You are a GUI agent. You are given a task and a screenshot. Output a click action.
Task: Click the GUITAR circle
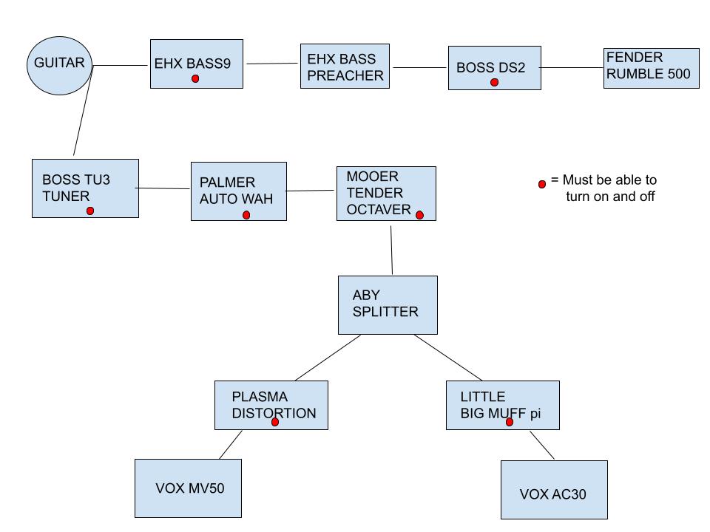[59, 64]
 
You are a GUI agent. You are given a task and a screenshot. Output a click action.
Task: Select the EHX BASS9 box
[196, 64]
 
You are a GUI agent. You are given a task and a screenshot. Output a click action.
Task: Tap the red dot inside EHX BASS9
[195, 78]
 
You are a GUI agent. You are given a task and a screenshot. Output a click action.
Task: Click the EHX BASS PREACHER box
[345, 66]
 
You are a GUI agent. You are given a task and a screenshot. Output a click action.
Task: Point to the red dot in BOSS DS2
[494, 83]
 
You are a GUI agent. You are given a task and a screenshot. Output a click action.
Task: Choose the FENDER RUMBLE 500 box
[651, 68]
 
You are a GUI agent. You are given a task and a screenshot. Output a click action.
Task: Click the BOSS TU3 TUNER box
[85, 188]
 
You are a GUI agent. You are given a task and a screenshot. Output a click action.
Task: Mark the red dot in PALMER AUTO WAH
[246, 215]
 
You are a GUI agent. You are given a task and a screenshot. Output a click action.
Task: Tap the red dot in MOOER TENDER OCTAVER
[419, 215]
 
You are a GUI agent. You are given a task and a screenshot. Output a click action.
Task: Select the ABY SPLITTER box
[388, 304]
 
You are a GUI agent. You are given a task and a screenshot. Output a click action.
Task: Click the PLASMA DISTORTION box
[271, 405]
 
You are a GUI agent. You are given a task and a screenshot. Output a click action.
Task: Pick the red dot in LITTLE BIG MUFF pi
[509, 422]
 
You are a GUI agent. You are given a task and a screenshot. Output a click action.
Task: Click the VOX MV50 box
[188, 488]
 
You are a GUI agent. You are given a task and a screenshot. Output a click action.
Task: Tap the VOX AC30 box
[553, 489]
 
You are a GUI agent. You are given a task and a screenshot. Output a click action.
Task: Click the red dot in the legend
[542, 183]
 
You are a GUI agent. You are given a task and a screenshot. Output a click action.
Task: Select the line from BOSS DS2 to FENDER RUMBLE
[572, 68]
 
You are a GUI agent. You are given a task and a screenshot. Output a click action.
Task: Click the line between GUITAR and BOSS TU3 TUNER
[83, 111]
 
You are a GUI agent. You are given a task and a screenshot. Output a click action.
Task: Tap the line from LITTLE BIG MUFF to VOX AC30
[542, 445]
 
